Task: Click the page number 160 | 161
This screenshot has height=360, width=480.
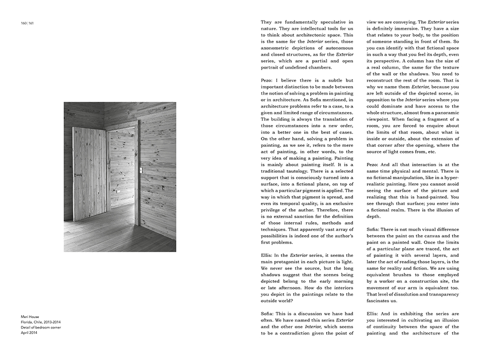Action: click(27, 23)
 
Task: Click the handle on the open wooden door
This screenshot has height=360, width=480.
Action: click(77, 175)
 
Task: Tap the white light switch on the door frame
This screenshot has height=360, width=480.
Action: click(141, 170)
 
